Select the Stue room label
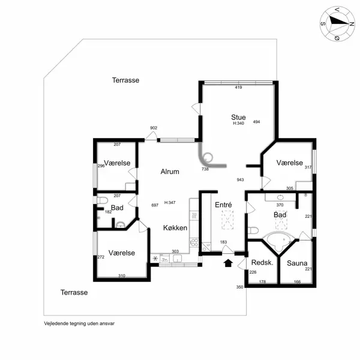[239, 117]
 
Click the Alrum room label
[170, 172]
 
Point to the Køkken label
[175, 228]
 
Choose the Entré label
[223, 205]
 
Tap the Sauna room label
[297, 263]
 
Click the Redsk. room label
[262, 263]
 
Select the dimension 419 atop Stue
[238, 88]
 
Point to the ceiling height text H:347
[170, 203]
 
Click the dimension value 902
[154, 128]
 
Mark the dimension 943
[240, 179]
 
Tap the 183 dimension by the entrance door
[223, 242]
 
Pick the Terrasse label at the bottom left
[74, 292]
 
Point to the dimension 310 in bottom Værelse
[122, 276]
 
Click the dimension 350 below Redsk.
[240, 287]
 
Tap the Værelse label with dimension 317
[290, 163]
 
